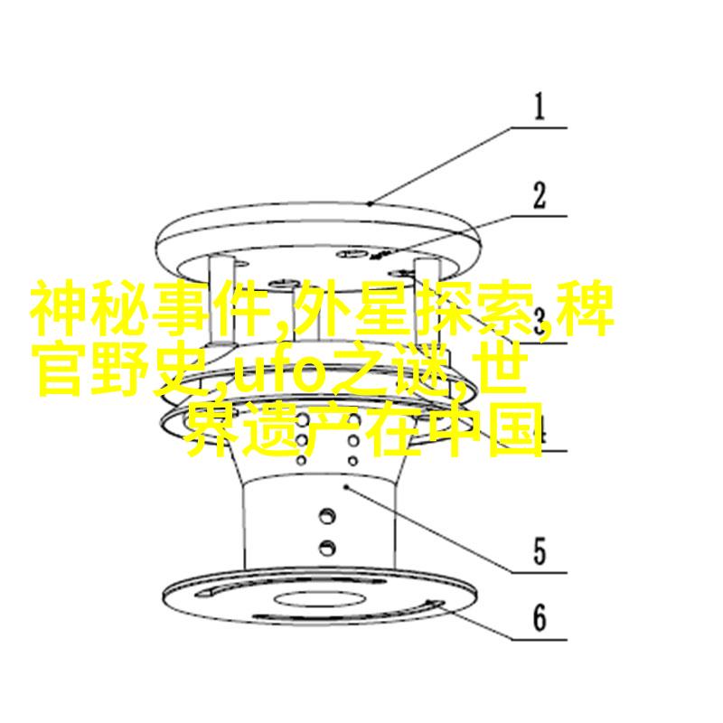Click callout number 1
(x=539, y=107)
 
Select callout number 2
(x=539, y=196)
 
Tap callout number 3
(x=539, y=322)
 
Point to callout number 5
(x=540, y=551)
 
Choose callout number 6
(x=540, y=617)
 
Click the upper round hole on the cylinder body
(x=327, y=515)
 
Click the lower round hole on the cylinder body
(x=327, y=548)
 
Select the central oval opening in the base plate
(x=320, y=599)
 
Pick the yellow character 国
(x=515, y=430)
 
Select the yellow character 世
(x=502, y=369)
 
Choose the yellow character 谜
(x=422, y=369)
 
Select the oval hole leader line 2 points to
(x=352, y=254)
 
